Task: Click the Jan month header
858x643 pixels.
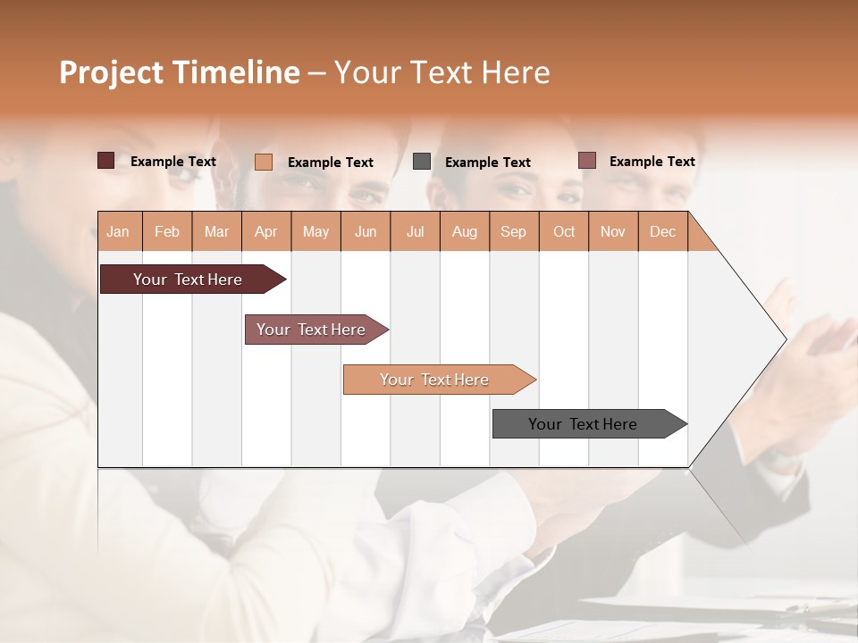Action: tap(118, 231)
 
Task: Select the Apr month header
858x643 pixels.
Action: tap(265, 231)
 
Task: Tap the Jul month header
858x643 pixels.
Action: tap(415, 231)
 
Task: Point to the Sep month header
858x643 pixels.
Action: tap(513, 231)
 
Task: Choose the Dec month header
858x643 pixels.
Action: tap(662, 231)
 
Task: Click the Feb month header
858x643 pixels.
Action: tap(167, 231)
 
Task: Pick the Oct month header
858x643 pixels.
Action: tap(564, 231)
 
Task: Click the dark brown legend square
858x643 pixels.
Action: tap(105, 161)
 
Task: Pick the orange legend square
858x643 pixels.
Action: tap(263, 162)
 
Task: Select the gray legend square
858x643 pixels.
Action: tap(422, 162)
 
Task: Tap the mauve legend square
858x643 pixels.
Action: tap(586, 161)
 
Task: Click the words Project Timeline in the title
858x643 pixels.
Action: tap(179, 72)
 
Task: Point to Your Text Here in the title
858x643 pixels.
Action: tap(442, 72)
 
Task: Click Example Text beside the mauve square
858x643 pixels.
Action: tap(652, 162)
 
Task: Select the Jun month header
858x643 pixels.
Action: tap(366, 231)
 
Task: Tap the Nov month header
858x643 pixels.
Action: tap(613, 231)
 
